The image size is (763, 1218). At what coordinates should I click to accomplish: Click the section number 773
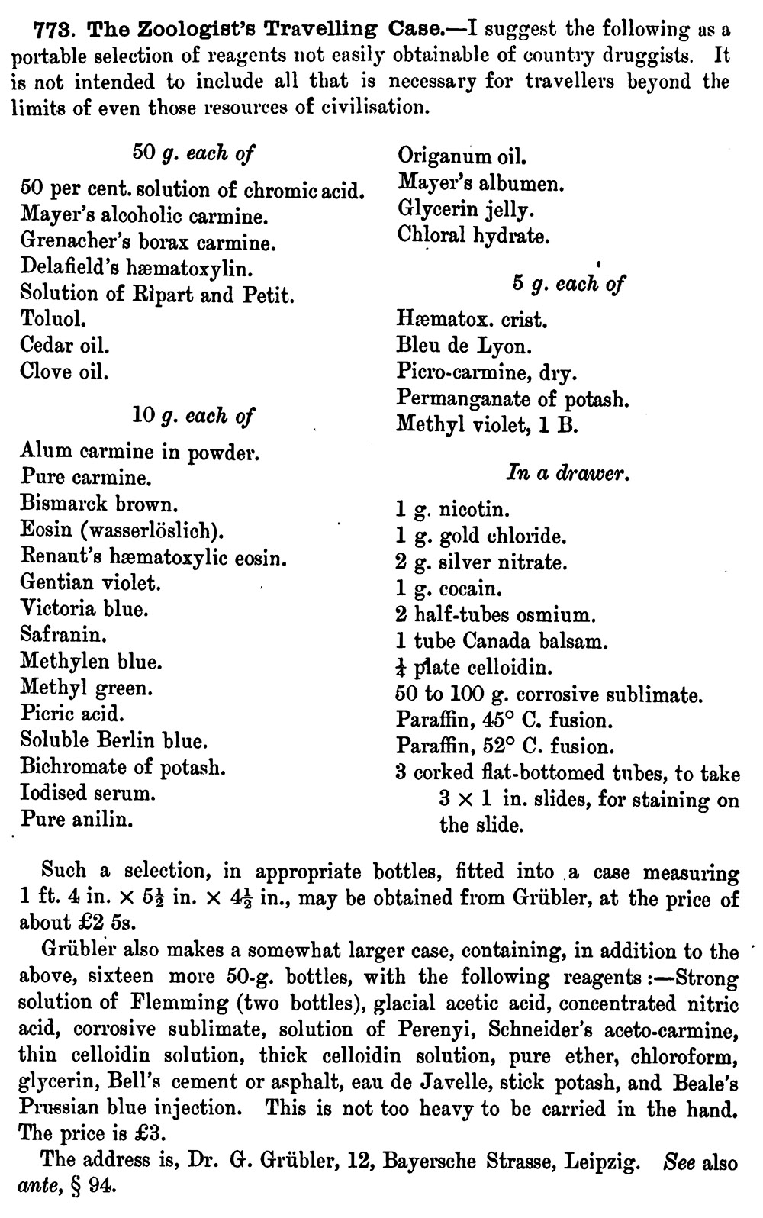pos(56,30)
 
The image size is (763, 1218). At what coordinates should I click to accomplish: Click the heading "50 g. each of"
pos(193,153)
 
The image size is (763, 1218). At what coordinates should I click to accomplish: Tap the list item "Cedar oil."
pos(65,345)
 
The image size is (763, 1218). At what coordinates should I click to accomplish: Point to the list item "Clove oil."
pos(64,372)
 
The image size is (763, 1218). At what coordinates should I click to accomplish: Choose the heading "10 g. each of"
pos(193,416)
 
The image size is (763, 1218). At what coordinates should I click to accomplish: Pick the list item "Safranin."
pos(63,634)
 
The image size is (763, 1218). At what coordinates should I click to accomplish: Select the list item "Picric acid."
pos(72,714)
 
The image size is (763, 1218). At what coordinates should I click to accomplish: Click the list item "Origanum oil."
pos(462,156)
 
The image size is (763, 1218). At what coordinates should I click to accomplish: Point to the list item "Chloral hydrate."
pos(472,235)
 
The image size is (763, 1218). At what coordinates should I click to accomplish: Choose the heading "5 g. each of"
pos(568,284)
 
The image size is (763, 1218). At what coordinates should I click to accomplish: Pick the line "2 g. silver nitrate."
pos(481,563)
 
